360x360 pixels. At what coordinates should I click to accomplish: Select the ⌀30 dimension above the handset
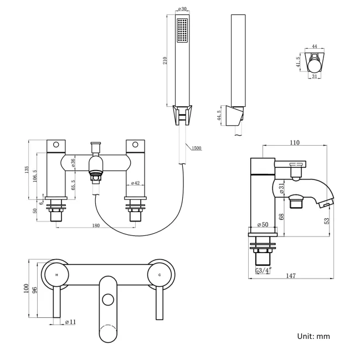point(182,9)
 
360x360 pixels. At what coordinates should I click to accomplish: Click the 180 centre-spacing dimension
point(96,225)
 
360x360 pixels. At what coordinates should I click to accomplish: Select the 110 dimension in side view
point(294,142)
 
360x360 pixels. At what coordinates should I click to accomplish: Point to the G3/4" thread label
point(263,271)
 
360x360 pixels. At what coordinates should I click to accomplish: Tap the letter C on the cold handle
point(160,275)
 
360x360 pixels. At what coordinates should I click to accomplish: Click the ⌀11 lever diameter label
point(70,322)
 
